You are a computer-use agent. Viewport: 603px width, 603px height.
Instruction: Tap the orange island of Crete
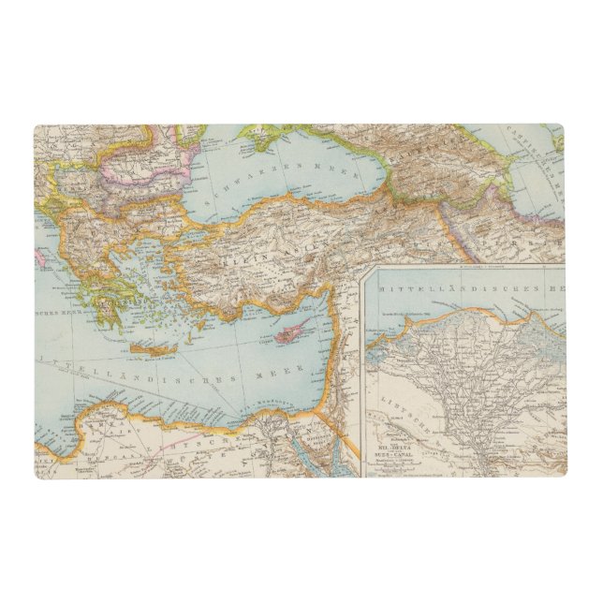point(150,349)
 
